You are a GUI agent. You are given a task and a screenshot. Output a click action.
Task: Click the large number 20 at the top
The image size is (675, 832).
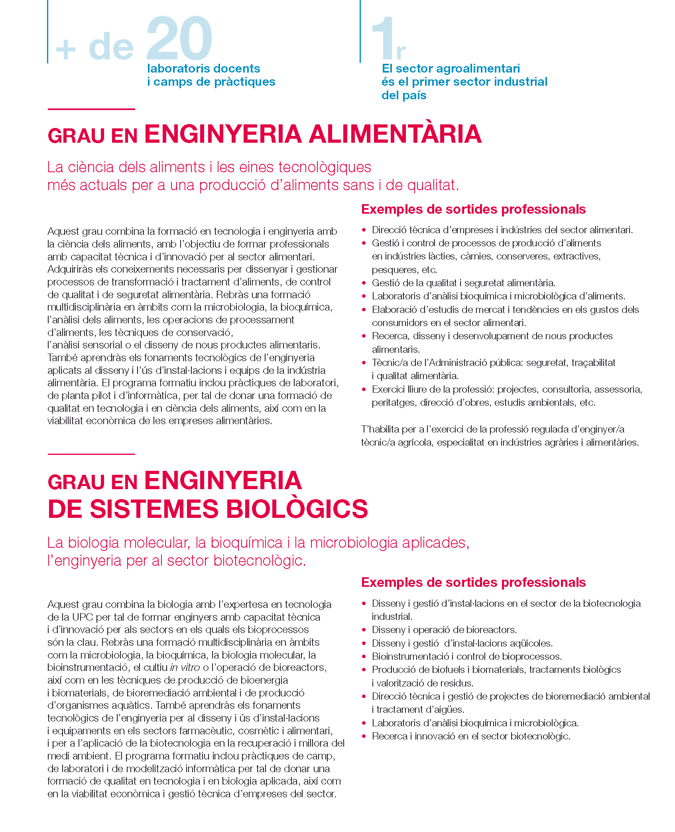point(179,39)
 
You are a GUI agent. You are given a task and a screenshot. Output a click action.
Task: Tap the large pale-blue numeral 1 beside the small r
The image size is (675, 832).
point(383,39)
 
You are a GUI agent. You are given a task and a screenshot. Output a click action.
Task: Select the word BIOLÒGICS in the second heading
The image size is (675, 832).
point(297,509)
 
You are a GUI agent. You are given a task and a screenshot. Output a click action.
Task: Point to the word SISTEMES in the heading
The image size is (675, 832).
point(154,509)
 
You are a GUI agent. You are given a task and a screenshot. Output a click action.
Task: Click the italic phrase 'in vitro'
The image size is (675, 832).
point(185,667)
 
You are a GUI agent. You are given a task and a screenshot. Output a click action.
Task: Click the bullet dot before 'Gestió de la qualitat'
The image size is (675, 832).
point(364,283)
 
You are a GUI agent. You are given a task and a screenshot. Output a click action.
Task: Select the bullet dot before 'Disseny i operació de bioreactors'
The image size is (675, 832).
point(364,630)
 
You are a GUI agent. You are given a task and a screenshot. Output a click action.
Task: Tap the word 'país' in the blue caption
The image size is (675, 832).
point(415,95)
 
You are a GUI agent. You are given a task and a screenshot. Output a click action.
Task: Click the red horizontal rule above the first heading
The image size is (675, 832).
point(91,109)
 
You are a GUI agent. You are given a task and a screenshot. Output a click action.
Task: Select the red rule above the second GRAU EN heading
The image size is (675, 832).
point(91,454)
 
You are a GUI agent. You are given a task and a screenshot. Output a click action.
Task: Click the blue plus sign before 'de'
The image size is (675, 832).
point(66,50)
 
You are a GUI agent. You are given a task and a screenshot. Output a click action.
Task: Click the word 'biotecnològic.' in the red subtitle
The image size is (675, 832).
point(260,561)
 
